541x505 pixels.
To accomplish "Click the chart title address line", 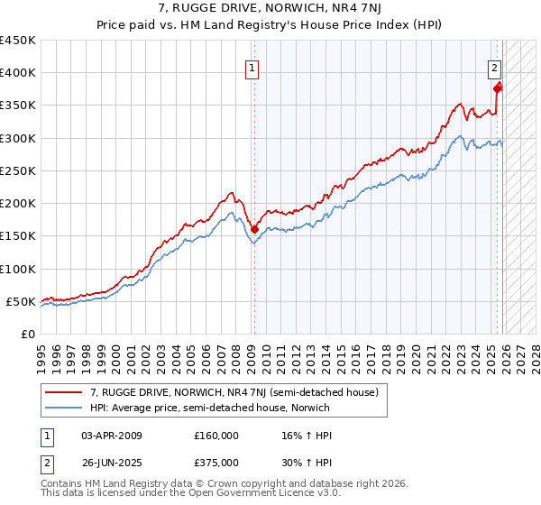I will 270,8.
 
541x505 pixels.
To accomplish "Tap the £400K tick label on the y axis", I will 18,73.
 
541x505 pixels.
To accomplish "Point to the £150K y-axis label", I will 18,236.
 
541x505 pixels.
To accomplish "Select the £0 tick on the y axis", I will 29,334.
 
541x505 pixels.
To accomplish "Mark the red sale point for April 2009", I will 254,229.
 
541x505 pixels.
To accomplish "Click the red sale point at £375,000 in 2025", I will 498,88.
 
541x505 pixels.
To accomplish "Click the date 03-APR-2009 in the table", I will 111,436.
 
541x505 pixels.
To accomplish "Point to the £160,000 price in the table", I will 216,436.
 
